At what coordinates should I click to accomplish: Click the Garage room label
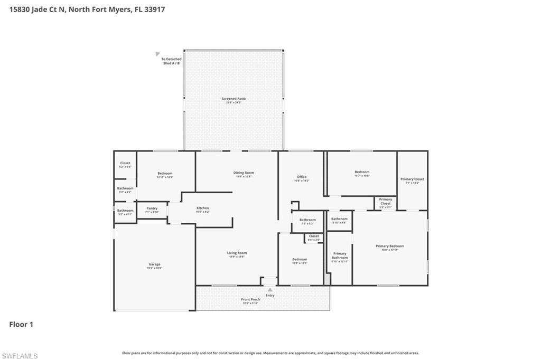(154, 264)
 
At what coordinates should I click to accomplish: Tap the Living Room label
(237, 253)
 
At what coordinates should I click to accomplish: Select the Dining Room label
(244, 173)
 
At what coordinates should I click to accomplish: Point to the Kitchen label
(203, 208)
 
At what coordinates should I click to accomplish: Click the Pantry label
(152, 209)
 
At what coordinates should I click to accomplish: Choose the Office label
(302, 177)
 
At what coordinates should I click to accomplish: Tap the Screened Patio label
(234, 99)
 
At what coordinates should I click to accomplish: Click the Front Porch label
(250, 299)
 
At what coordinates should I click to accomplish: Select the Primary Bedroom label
(390, 246)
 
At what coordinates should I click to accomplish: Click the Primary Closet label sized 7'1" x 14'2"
(412, 179)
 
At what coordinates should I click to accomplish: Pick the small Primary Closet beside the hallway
(386, 201)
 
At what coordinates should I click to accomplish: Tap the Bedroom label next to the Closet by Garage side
(165, 173)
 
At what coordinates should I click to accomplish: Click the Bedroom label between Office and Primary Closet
(362, 172)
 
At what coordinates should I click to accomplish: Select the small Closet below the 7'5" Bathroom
(314, 236)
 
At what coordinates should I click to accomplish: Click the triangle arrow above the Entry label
(270, 290)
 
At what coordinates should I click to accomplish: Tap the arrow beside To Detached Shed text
(157, 54)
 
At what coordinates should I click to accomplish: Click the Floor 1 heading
(21, 324)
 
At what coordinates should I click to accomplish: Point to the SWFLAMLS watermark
(20, 356)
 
